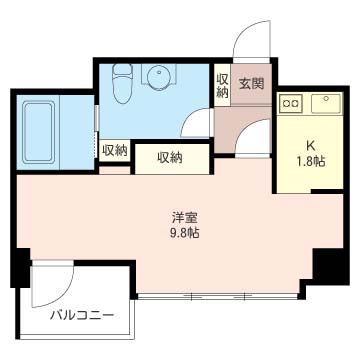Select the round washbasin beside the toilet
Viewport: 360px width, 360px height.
tap(158, 78)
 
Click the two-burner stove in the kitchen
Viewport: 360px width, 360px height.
tap(291, 102)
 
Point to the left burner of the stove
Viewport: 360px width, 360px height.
tap(286, 102)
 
